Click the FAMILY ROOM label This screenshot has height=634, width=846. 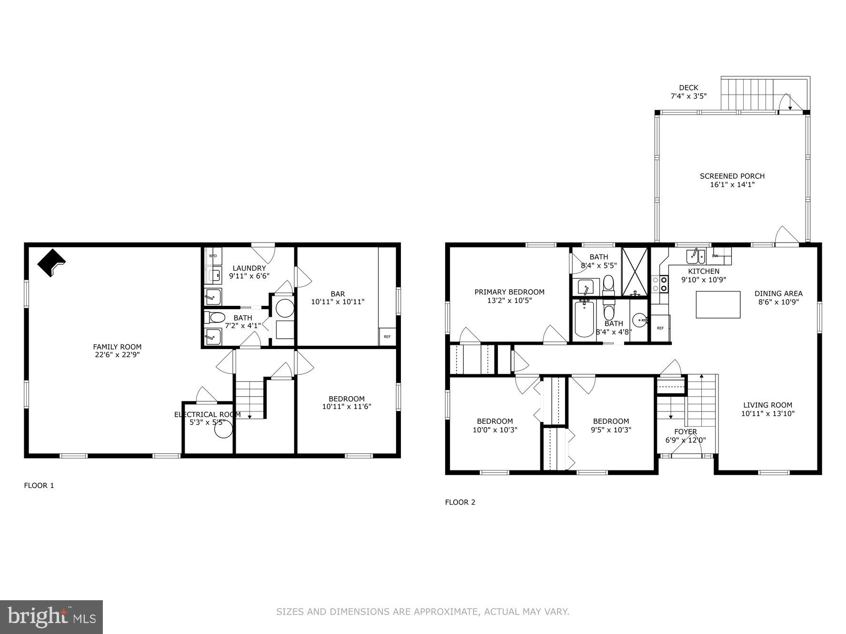click(117, 347)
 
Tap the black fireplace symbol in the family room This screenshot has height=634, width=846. click(51, 263)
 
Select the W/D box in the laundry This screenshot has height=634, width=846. click(213, 256)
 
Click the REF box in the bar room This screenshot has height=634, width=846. click(387, 337)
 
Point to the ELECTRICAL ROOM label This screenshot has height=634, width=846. click(207, 414)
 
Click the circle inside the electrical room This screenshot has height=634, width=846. click(223, 429)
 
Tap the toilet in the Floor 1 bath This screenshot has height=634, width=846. click(215, 317)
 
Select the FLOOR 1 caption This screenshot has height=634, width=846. click(39, 485)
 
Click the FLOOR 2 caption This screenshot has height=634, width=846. click(460, 502)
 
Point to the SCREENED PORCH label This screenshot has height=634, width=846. click(732, 176)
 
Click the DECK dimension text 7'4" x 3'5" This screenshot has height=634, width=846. click(688, 96)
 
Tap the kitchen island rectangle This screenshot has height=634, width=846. click(718, 304)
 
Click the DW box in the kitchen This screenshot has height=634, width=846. click(716, 256)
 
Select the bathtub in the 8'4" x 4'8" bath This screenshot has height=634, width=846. click(584, 319)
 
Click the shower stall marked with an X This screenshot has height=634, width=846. click(635, 272)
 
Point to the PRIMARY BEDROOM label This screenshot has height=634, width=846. click(509, 292)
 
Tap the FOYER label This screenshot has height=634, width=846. click(686, 431)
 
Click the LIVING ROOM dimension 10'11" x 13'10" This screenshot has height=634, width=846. click(767, 413)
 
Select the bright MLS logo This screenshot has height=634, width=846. click(51, 617)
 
